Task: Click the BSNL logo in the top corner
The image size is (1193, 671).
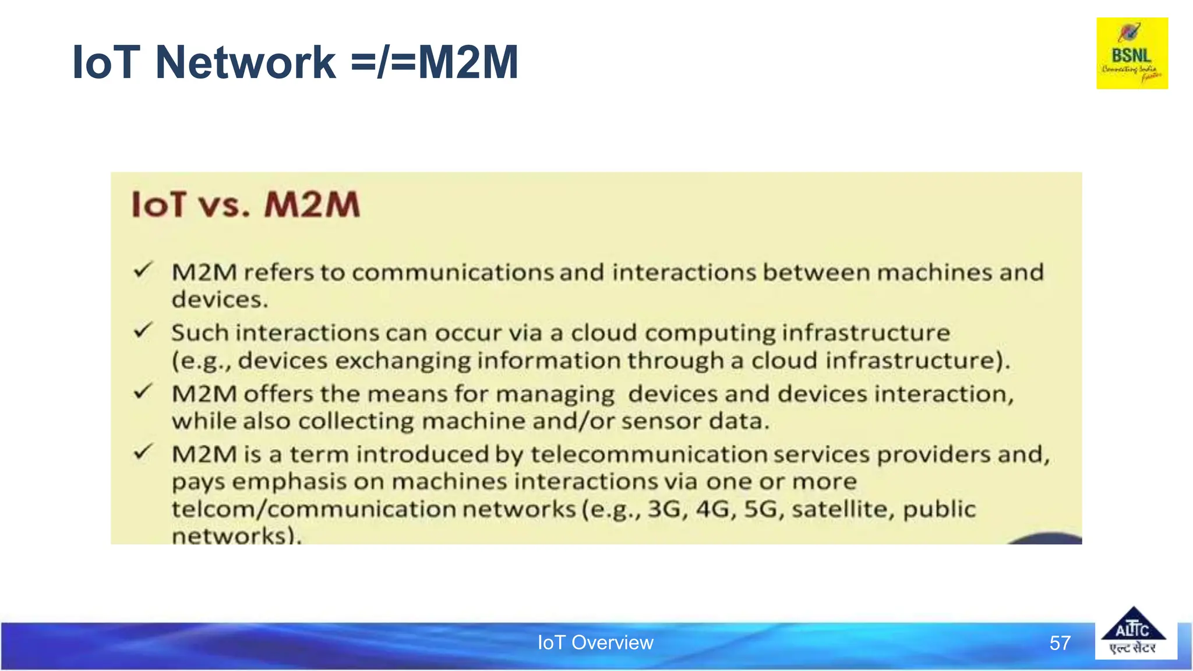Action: click(1132, 53)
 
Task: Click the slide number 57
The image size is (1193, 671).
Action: click(1060, 643)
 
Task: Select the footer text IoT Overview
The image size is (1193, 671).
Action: click(595, 642)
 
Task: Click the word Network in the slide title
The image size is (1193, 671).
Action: click(245, 62)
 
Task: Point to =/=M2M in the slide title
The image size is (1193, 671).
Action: click(435, 62)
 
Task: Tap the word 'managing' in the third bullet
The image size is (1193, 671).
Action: click(555, 395)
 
